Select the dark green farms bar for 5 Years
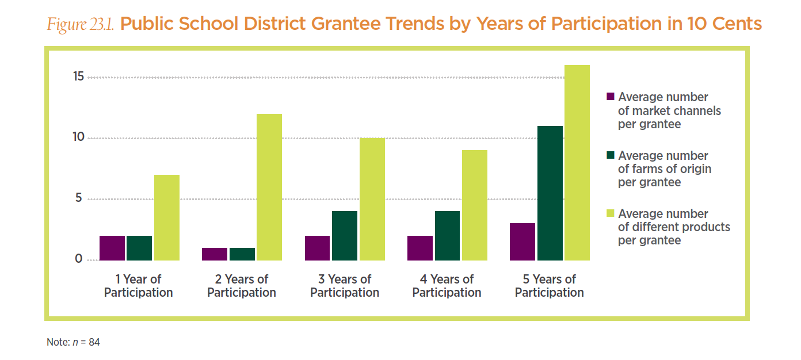pyautogui.click(x=550, y=193)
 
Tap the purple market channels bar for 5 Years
pyautogui.click(x=522, y=242)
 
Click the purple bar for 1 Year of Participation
pyautogui.click(x=112, y=248)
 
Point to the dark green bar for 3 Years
pyautogui.click(x=345, y=236)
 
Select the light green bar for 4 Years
pyautogui.click(x=474, y=205)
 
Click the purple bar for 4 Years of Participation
pyautogui.click(x=419, y=248)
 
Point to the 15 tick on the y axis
pyautogui.click(x=78, y=77)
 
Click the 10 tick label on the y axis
pyautogui.click(x=78, y=137)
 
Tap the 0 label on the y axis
pyautogui.click(x=79, y=259)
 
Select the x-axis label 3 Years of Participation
pyautogui.click(x=345, y=286)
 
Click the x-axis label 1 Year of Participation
pyautogui.click(x=138, y=286)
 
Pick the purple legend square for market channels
pyautogui.click(x=611, y=96)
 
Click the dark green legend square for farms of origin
pyautogui.click(x=611, y=155)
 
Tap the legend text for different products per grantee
pyautogui.click(x=673, y=227)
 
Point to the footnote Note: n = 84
pyautogui.click(x=73, y=342)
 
